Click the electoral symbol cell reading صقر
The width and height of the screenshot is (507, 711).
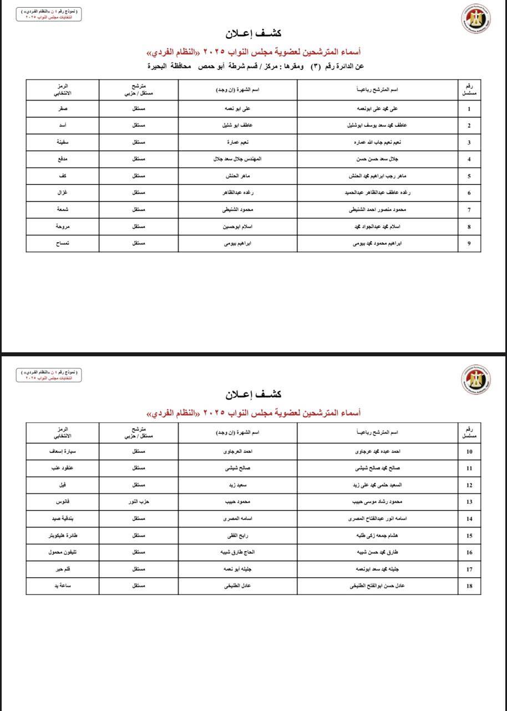(63, 109)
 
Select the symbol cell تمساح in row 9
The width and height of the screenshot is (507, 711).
(63, 243)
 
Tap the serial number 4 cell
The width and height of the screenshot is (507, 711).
(469, 159)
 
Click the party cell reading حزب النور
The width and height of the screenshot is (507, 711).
(139, 502)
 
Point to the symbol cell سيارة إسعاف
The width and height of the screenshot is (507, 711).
(63, 452)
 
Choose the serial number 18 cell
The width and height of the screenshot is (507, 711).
(469, 585)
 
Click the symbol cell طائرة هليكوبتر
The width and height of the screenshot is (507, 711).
(63, 535)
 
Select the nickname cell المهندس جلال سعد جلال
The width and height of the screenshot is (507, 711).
(237, 159)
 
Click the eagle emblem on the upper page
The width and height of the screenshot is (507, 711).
(475, 19)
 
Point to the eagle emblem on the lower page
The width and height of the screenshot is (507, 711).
(475, 379)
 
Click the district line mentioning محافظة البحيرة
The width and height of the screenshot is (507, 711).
(255, 67)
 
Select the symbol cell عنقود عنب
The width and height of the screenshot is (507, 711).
(63, 468)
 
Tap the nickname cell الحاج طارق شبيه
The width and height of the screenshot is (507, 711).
(237, 552)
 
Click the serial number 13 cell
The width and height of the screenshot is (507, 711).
(469, 502)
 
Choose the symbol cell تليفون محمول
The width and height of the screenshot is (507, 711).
(63, 552)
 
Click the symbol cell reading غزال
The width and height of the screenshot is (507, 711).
(63, 193)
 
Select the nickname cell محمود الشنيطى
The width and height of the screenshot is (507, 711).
(237, 210)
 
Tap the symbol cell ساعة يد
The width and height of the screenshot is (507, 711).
(63, 585)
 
